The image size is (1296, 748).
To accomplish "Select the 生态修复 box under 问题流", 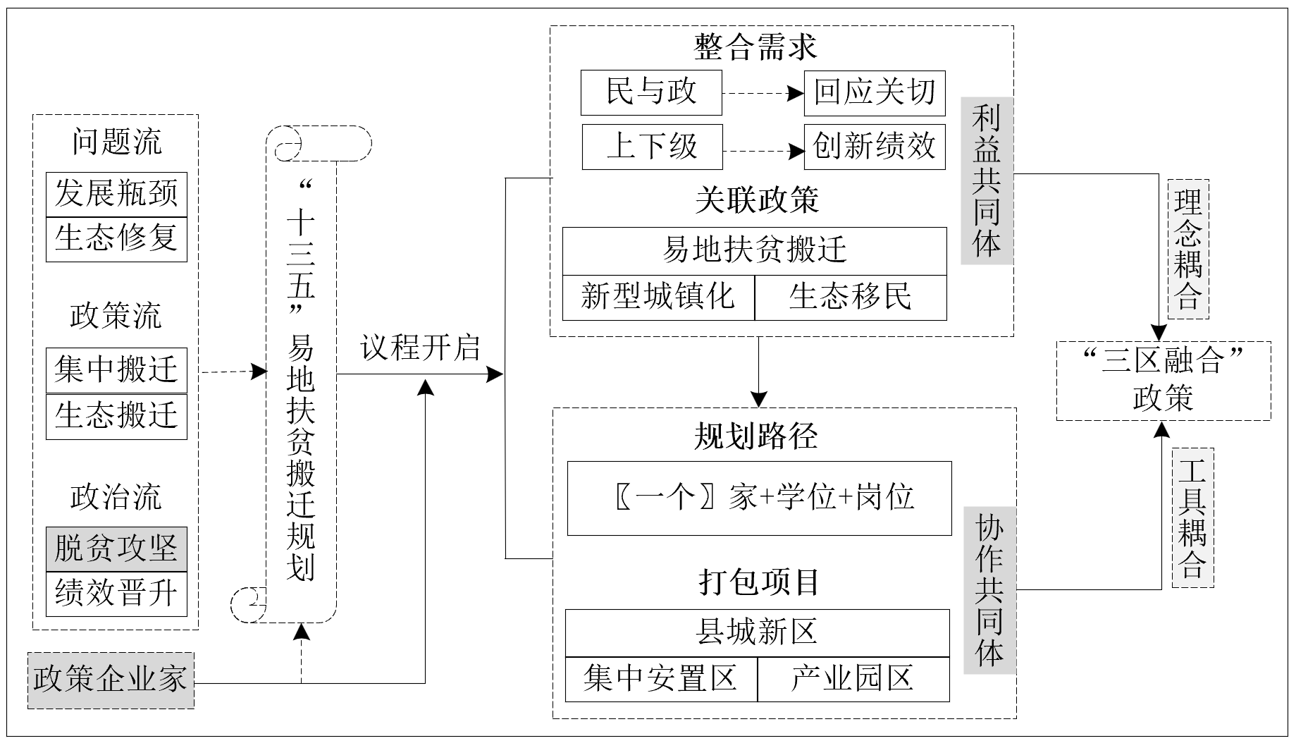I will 116,239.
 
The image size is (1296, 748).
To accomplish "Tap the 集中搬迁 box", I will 116,370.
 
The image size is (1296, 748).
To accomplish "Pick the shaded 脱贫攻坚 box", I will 116,549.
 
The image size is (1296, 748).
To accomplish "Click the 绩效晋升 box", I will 116,594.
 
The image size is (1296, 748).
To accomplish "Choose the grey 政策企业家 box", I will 111,680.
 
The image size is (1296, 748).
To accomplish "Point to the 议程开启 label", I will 420,348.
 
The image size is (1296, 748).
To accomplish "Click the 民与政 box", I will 651,92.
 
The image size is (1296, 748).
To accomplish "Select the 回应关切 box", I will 875,92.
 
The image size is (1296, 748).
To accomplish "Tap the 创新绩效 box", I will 875,147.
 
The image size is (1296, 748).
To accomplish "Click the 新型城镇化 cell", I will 658,298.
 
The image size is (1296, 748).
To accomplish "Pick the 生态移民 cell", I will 851,298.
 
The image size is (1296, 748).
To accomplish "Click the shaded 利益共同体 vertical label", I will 987,181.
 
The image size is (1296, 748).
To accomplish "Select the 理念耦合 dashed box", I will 1188,250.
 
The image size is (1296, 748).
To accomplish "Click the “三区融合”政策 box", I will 1163,381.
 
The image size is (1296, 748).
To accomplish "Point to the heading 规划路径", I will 756,437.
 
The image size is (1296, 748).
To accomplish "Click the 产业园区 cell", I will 853,680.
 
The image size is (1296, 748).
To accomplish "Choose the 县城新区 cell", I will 757,633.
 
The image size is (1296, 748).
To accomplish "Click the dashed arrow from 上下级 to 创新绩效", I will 763,150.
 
